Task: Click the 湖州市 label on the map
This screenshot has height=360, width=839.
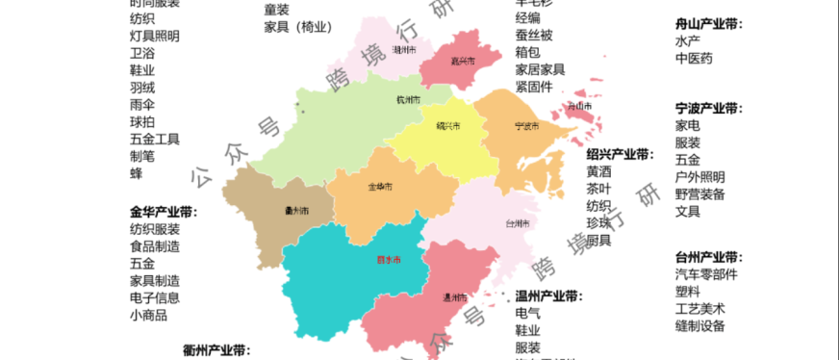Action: tap(404, 50)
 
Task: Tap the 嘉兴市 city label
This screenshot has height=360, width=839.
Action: tap(464, 61)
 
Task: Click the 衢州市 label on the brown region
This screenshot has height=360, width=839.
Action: tap(296, 211)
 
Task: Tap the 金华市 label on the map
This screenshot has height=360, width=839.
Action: tap(380, 186)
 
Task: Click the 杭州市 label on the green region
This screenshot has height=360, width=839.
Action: tap(408, 99)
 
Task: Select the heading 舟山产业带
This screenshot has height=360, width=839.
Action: tap(709, 24)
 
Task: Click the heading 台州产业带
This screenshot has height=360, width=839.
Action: tap(709, 257)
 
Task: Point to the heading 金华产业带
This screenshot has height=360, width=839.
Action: tap(164, 212)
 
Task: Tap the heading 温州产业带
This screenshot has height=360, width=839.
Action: tap(549, 296)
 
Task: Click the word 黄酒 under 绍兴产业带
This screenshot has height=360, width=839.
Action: tap(598, 171)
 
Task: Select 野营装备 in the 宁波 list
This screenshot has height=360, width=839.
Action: tap(700, 193)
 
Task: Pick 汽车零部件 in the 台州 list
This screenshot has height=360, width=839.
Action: tap(706, 274)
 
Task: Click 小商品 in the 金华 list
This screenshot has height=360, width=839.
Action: tap(148, 315)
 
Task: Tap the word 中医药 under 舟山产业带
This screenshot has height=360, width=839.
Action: tap(694, 59)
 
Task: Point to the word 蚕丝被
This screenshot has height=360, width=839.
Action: tap(534, 35)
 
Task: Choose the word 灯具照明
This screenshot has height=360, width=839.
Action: tap(154, 36)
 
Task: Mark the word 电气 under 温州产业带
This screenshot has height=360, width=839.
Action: tap(527, 313)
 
